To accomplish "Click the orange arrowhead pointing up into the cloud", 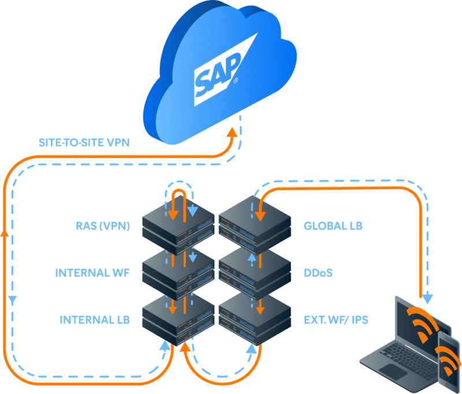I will [232, 132].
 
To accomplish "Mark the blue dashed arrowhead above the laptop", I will [428, 298].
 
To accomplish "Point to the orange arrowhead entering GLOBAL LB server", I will [260, 215].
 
